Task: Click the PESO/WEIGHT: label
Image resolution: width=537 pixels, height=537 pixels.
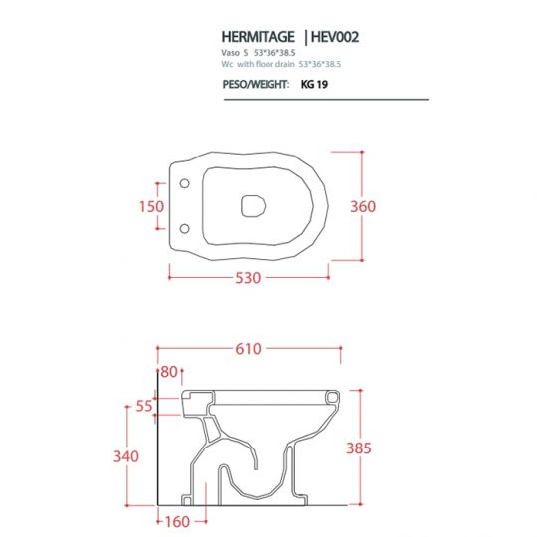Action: (257, 86)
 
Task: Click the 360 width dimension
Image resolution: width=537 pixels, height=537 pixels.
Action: (363, 206)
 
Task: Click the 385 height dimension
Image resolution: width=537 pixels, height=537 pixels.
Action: (358, 448)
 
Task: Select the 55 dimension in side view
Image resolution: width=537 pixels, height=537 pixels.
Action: (145, 406)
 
